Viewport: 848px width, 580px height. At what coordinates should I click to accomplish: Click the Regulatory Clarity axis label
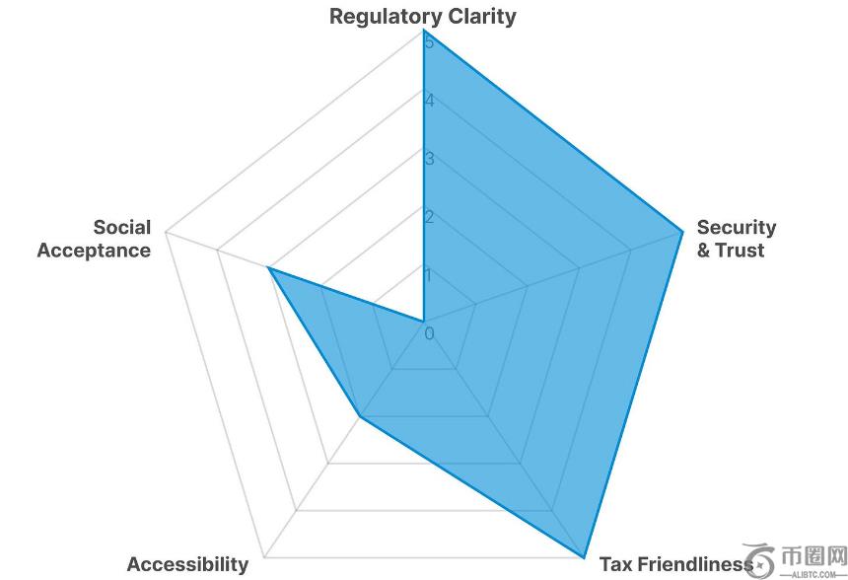pyautogui.click(x=423, y=16)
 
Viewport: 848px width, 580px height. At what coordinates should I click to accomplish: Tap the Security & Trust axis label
pyautogui.click(x=736, y=239)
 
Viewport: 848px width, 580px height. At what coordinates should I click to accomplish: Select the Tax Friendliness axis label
pyautogui.click(x=675, y=564)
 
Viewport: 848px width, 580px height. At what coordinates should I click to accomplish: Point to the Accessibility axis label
pyautogui.click(x=187, y=564)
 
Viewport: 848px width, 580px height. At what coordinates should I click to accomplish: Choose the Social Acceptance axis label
pyautogui.click(x=95, y=239)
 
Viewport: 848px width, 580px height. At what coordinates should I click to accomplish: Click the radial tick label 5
pyautogui.click(x=429, y=42)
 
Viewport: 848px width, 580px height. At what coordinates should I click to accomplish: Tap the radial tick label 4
pyautogui.click(x=429, y=101)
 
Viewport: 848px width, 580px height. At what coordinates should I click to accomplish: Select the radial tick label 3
pyautogui.click(x=429, y=159)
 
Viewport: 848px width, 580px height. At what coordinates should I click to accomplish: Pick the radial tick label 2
pyautogui.click(x=429, y=217)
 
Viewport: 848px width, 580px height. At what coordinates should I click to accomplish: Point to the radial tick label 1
pyautogui.click(x=429, y=275)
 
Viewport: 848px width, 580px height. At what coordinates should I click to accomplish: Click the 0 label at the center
pyautogui.click(x=430, y=333)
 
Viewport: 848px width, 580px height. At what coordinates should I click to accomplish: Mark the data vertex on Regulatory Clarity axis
pyautogui.click(x=424, y=30)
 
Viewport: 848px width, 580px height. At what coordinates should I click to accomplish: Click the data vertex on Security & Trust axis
pyautogui.click(x=682, y=232)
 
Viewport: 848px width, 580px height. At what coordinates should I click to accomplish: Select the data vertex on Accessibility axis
pyautogui.click(x=361, y=416)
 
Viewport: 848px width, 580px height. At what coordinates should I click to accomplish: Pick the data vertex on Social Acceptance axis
pyautogui.click(x=269, y=267)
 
